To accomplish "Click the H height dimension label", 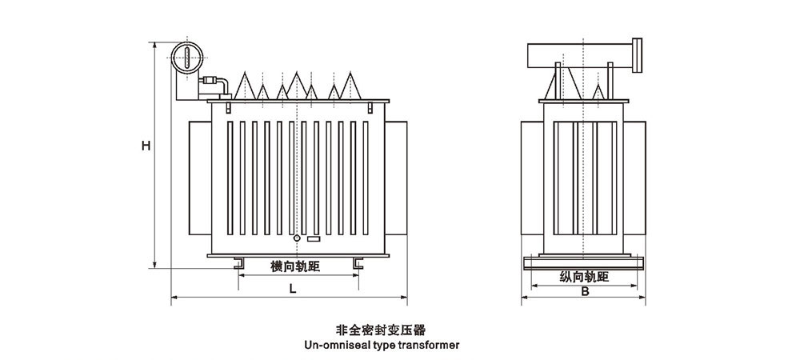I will (x=145, y=146).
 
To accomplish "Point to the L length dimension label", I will (x=294, y=290).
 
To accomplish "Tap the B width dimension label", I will (x=586, y=291).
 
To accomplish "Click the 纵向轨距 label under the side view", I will (x=585, y=277).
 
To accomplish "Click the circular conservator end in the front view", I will (x=186, y=57).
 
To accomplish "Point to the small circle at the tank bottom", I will (x=296, y=238).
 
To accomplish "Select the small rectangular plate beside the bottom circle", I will (x=313, y=238).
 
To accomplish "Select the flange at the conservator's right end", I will (x=638, y=54).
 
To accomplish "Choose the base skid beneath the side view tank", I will (x=585, y=262).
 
